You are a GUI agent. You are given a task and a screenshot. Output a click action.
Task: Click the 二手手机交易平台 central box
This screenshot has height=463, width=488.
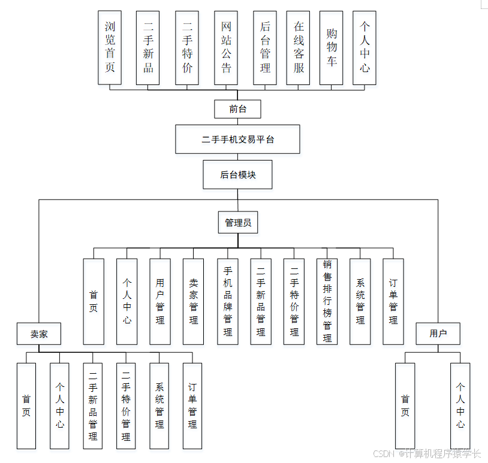(237, 140)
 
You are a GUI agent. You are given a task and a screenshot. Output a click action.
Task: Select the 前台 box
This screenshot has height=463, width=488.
(237, 109)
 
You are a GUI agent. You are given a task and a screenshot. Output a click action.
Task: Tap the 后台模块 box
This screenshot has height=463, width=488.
(237, 174)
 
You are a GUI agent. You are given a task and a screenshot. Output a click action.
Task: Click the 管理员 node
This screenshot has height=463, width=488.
(237, 223)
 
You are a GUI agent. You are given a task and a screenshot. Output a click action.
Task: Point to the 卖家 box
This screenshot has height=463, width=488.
(39, 334)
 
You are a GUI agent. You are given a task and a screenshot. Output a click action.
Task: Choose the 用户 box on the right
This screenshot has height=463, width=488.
(438, 334)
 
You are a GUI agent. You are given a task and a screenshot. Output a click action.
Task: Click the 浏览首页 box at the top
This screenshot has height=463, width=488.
(110, 47)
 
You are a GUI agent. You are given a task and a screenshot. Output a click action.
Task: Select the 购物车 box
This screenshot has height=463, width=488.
(331, 47)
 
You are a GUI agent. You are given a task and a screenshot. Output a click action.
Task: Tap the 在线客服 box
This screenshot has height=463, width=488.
(298, 47)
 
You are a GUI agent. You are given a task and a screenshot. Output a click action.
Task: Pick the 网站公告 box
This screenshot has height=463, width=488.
(225, 47)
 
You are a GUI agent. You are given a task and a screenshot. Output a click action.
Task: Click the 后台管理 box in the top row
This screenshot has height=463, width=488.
(265, 47)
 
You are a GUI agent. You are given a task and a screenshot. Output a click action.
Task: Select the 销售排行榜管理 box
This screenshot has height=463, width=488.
(327, 301)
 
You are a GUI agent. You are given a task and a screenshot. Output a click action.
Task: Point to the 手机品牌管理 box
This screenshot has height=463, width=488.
(228, 301)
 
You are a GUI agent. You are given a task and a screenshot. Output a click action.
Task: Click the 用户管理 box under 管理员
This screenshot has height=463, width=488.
(159, 301)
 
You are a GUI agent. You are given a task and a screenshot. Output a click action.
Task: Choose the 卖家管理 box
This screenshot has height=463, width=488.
(193, 301)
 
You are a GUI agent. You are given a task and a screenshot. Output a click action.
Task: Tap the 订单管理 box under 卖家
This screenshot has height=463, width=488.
(192, 405)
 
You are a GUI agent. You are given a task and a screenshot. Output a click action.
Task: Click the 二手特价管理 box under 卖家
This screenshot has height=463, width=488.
(126, 405)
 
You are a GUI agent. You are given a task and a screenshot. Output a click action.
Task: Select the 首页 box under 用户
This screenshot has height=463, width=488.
(405, 405)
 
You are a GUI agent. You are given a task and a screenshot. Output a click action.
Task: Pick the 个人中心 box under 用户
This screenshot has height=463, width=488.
(460, 405)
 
